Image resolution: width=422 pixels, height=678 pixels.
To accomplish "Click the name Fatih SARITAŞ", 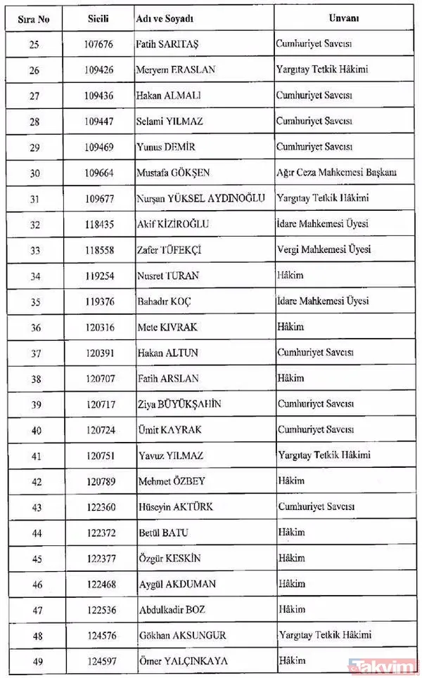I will (x=167, y=44).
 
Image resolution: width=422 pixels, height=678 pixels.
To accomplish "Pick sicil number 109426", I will (x=98, y=70).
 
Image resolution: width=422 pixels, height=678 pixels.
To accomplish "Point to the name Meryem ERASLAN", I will (x=176, y=70).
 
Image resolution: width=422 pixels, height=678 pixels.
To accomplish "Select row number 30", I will (x=36, y=173).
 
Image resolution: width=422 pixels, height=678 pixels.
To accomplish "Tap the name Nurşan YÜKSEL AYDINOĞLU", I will (x=201, y=199).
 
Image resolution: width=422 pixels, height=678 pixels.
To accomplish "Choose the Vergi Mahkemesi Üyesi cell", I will (x=324, y=250).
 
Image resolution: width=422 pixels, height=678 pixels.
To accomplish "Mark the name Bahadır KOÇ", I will (x=163, y=301).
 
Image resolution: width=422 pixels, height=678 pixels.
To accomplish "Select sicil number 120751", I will (x=98, y=456).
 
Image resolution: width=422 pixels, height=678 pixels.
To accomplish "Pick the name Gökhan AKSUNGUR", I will (x=181, y=636).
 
